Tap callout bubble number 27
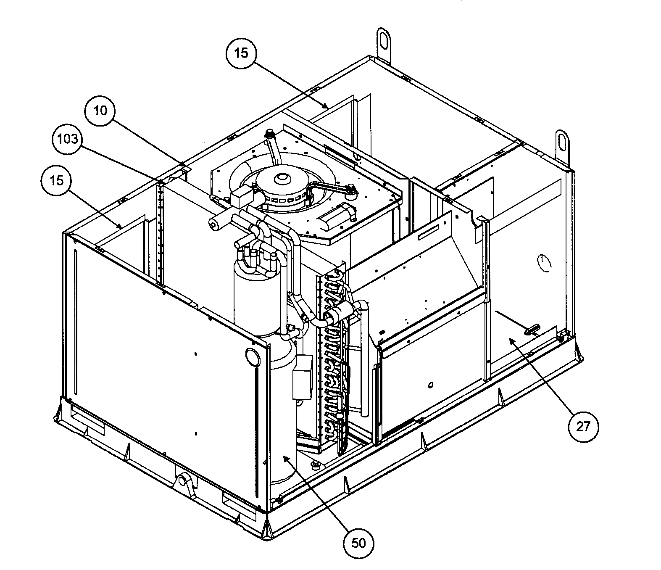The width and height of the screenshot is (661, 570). (x=583, y=427)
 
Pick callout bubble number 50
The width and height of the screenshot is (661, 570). (x=358, y=543)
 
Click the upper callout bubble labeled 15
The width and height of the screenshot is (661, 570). (x=242, y=53)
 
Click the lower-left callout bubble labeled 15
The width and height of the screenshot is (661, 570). (x=57, y=180)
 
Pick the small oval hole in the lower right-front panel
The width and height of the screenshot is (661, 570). (x=431, y=385)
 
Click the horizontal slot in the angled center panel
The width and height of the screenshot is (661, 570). (x=428, y=235)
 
